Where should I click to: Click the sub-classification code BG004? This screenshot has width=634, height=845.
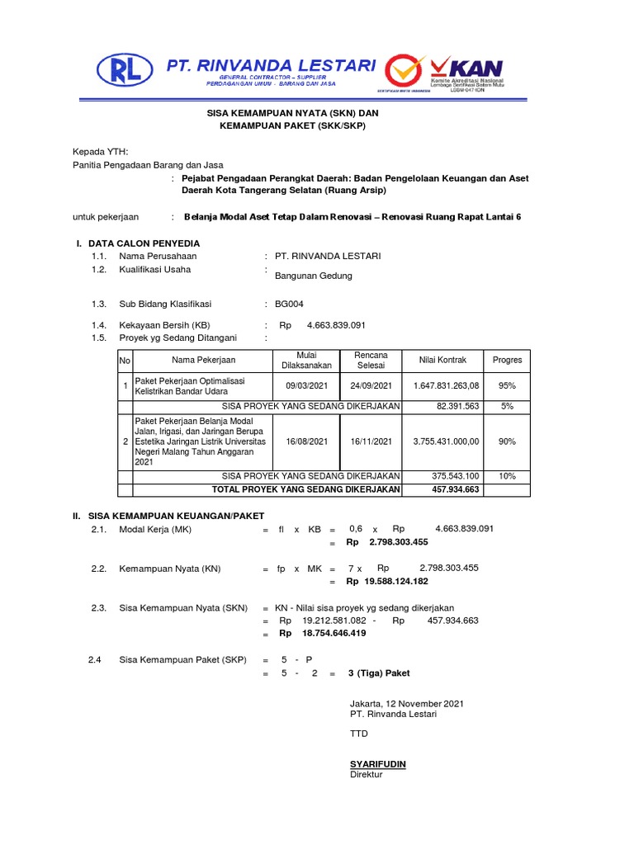[x=289, y=304]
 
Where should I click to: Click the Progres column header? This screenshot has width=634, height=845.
[x=507, y=360]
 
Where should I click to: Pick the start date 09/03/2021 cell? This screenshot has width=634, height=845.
[x=307, y=386]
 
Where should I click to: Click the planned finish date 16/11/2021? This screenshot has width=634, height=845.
[x=371, y=441]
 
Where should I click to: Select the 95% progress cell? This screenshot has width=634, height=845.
[x=507, y=386]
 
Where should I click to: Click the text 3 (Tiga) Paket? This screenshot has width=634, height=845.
[x=379, y=673]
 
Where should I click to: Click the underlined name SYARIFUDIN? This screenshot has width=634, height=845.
[x=378, y=765]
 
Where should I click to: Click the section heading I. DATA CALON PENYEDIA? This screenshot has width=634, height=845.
[x=137, y=243]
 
